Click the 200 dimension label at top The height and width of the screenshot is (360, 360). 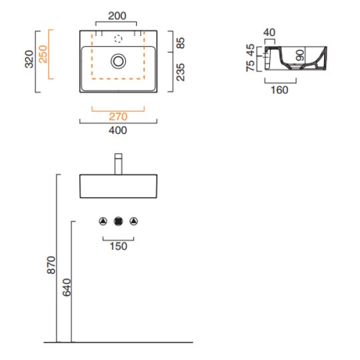click(117, 16)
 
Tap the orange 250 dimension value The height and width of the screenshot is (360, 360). click(43, 54)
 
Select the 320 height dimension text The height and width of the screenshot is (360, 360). click(29, 59)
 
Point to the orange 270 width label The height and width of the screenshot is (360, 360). click(118, 117)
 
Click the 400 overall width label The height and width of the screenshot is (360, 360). click(118, 130)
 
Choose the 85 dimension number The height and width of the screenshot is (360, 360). click(181, 43)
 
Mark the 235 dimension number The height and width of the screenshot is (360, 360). click(181, 72)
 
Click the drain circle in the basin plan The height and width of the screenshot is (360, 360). click(118, 61)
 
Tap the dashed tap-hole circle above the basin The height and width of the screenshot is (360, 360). click(118, 39)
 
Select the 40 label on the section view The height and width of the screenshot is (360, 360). click(269, 33)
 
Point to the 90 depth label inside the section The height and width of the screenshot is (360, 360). click(300, 55)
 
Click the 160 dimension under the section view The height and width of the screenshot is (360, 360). click(279, 90)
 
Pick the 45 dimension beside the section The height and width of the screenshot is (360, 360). click(250, 49)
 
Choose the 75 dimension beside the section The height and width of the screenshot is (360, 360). click(250, 66)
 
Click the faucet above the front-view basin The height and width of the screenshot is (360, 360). click(118, 164)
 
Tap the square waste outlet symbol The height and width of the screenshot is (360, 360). click(118, 221)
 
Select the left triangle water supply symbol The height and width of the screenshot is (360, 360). click(103, 221)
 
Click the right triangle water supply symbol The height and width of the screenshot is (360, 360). click(133, 221)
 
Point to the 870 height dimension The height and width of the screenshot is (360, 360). click(51, 265)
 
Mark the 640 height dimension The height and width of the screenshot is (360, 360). click(67, 287)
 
